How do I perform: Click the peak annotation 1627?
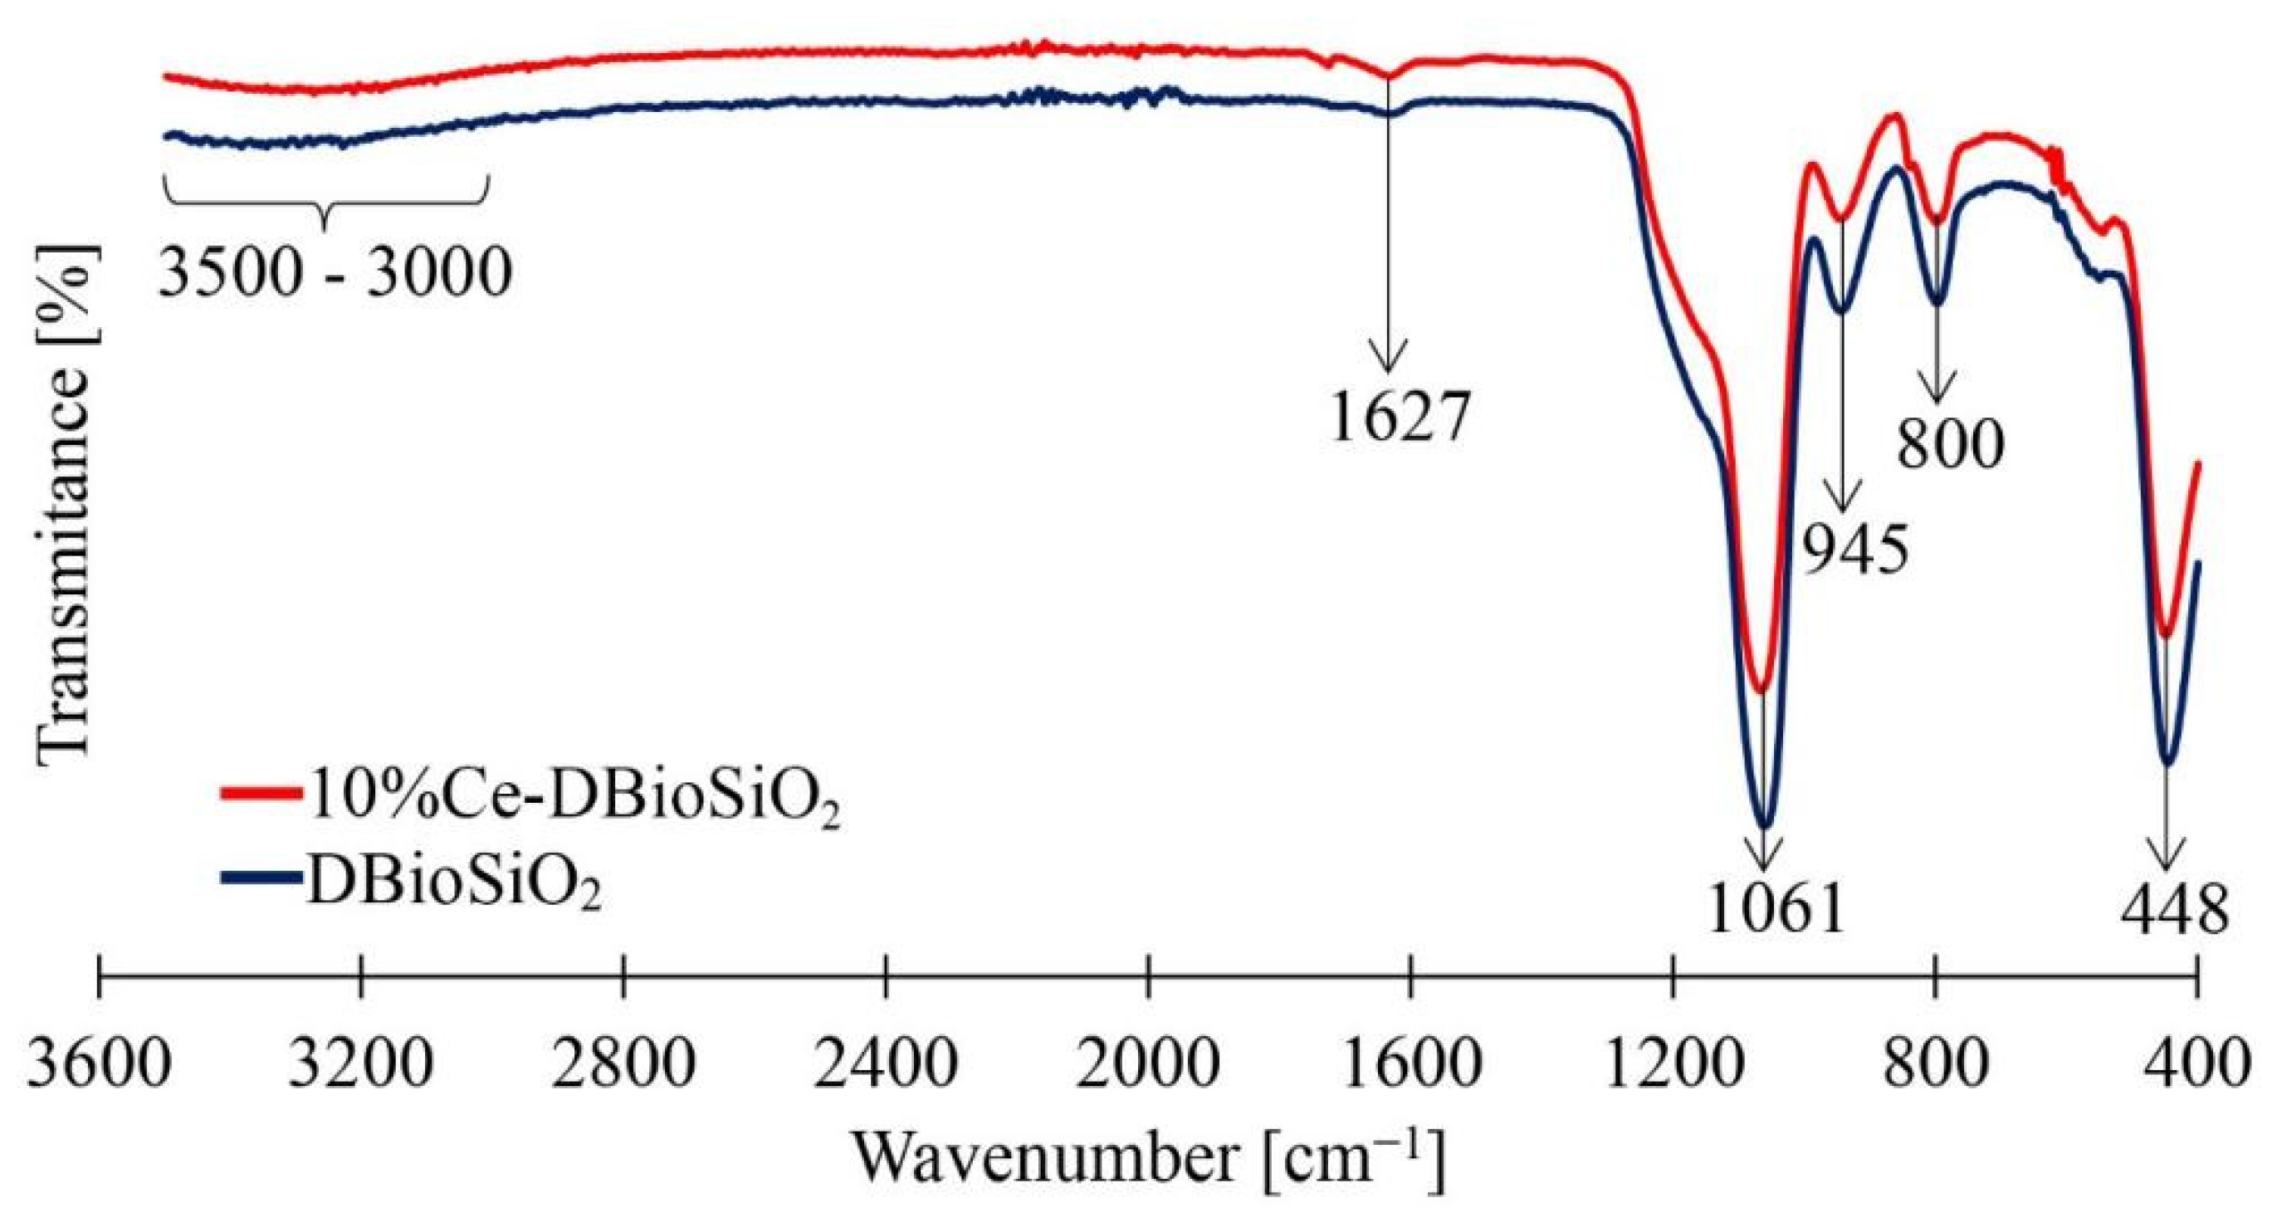(x=1399, y=420)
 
